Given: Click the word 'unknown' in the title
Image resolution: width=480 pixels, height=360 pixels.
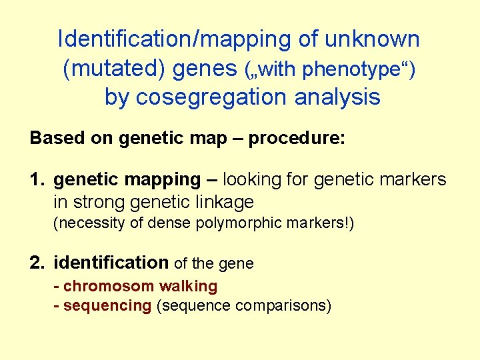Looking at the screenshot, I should point(373,39).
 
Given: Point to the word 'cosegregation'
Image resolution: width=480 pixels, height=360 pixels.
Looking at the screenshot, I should point(209,97).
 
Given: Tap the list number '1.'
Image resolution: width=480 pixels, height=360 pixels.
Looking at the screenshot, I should point(38,179).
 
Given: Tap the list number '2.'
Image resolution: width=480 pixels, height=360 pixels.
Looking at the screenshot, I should point(38,263).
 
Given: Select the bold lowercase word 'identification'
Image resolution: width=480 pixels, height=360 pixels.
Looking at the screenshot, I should point(111,263).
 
